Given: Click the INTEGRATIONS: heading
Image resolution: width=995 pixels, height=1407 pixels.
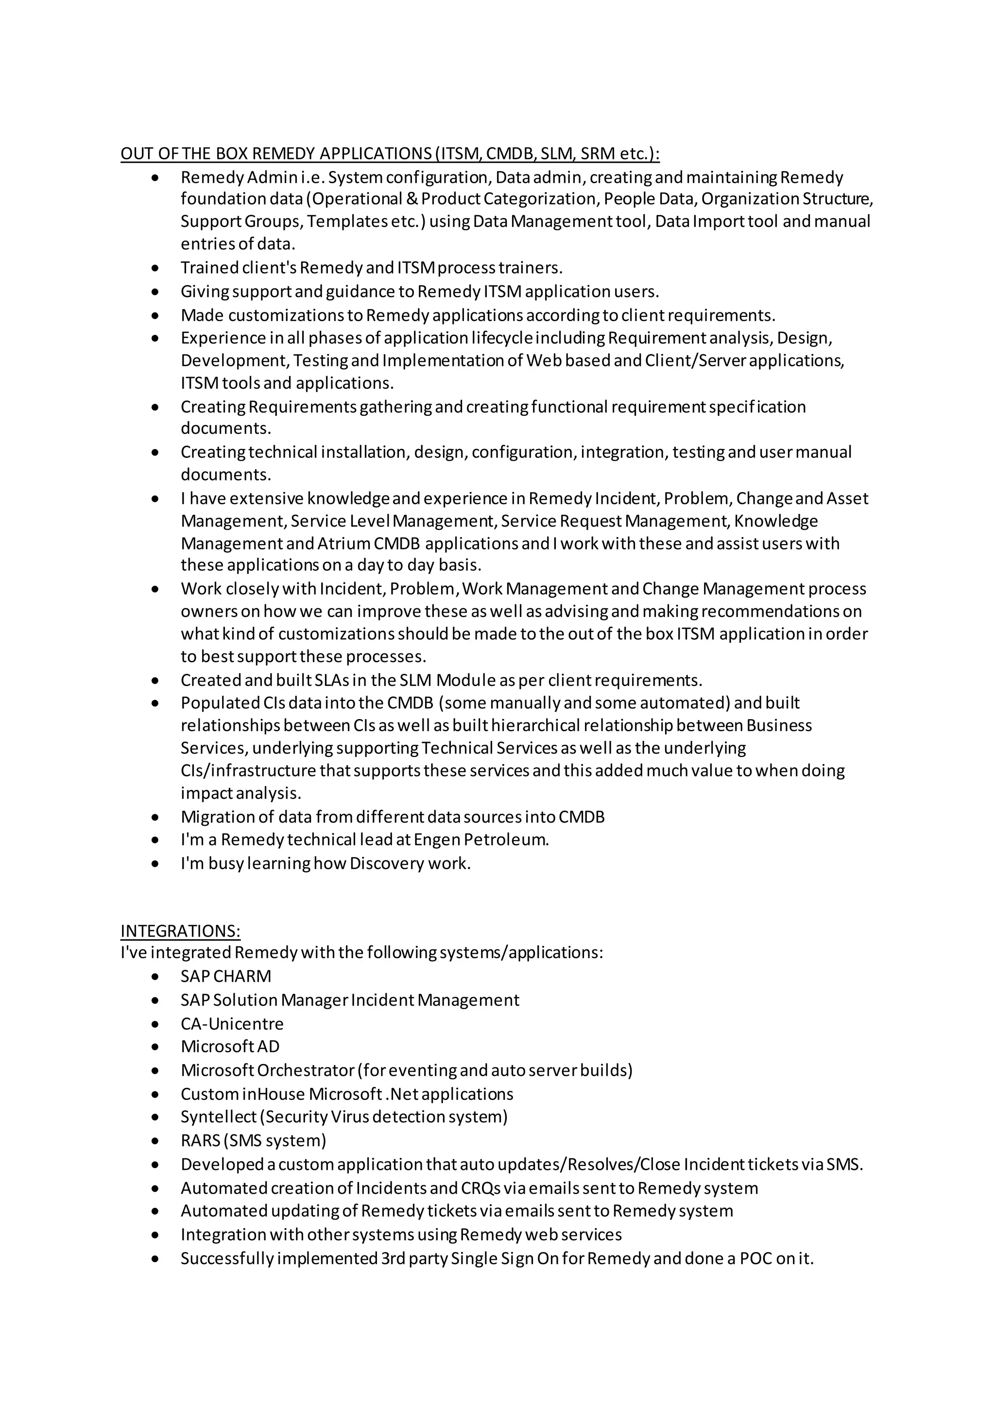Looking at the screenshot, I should [x=180, y=931].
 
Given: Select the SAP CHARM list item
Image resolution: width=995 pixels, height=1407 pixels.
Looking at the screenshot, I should [x=225, y=976].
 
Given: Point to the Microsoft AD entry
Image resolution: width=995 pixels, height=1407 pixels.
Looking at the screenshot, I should [x=230, y=1046].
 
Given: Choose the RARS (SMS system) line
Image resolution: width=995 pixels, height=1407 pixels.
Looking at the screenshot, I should [x=253, y=1140].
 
